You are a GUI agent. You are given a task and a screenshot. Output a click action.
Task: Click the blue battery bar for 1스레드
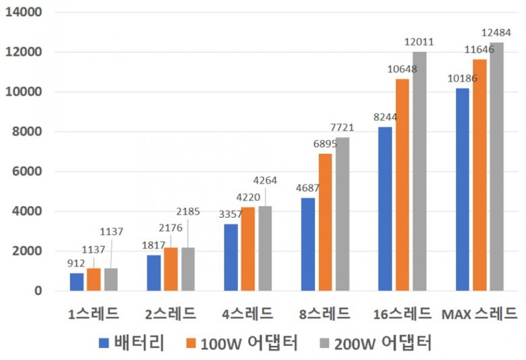pyautogui.click(x=78, y=282)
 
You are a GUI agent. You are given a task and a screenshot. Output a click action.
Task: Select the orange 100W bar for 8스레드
pyautogui.click(x=325, y=222)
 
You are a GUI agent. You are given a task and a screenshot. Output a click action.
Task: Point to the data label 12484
pyautogui.click(x=496, y=32)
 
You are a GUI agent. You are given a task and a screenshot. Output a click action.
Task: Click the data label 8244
pyautogui.click(x=386, y=117)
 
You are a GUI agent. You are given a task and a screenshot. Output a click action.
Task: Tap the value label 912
pyautogui.click(x=75, y=263)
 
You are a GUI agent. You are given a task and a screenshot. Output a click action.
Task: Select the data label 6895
pyautogui.click(x=325, y=144)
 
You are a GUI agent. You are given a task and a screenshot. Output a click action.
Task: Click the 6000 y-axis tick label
pyautogui.click(x=26, y=172)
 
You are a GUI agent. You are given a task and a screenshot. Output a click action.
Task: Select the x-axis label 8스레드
pyautogui.click(x=326, y=313)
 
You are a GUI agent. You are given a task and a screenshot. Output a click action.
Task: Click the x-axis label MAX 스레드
pyautogui.click(x=479, y=313)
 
